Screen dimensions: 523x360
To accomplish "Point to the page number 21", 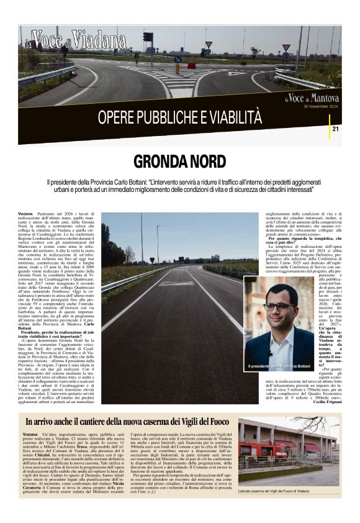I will coord(336,129).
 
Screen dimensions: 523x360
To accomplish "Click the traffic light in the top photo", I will coord(148,37).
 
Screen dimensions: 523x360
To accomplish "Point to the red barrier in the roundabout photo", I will coord(192,65).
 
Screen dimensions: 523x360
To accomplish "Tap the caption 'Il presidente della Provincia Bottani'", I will coord(279,366).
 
